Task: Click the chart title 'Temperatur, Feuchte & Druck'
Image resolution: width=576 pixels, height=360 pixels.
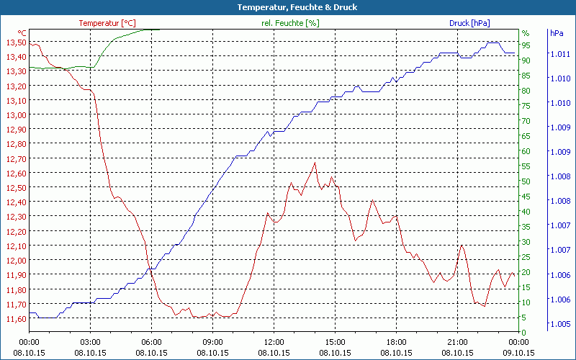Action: point(287,7)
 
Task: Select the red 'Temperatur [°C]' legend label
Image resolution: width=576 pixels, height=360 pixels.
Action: point(107,23)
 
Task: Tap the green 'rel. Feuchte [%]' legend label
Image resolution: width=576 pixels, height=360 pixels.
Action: point(289,23)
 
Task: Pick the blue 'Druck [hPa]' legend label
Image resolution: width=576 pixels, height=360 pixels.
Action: point(469,23)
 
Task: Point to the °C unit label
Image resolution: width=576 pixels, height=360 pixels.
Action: point(22,33)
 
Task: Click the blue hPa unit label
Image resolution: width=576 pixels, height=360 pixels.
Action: point(557,33)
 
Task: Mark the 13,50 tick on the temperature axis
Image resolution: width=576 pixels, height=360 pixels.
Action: point(16,42)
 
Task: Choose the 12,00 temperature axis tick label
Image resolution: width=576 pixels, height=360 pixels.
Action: point(16,260)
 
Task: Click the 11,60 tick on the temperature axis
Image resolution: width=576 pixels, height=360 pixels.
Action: point(16,318)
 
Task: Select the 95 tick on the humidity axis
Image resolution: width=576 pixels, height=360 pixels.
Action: point(526,45)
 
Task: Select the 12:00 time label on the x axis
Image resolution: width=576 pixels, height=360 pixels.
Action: point(274,342)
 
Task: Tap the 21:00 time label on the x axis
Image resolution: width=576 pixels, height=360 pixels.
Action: point(457,342)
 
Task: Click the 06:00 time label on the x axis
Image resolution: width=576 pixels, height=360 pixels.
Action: point(151,342)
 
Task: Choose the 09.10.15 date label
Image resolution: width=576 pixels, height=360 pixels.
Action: point(518,353)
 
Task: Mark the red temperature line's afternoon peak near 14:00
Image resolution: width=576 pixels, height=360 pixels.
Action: point(315,163)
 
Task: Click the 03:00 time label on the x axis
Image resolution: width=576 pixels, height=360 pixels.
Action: point(90,342)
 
